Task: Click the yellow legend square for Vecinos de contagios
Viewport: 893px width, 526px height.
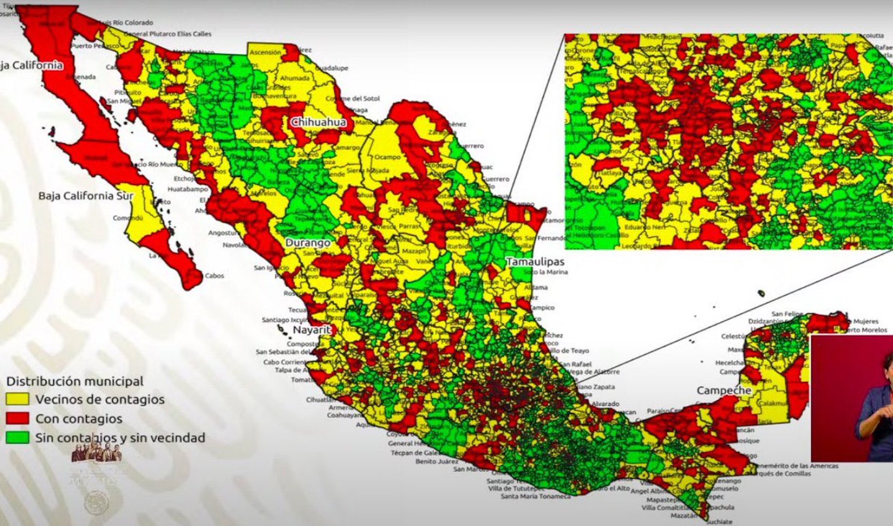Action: click(18, 399)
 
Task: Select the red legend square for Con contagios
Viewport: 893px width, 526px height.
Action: click(18, 418)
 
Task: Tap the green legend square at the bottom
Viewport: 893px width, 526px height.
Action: click(18, 437)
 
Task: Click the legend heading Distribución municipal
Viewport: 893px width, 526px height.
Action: click(74, 381)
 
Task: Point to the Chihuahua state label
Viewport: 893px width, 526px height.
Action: click(318, 122)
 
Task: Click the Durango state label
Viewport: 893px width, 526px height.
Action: click(308, 243)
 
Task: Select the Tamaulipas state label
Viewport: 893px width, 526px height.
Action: click(535, 262)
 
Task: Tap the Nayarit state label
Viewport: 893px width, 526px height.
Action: click(312, 330)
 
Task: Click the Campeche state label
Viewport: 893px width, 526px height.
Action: click(724, 390)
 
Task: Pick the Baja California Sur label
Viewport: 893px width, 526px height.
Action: click(86, 196)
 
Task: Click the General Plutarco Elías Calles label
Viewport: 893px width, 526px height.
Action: click(167, 34)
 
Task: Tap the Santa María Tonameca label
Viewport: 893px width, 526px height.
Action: click(536, 496)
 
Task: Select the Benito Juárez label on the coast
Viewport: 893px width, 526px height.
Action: click(436, 461)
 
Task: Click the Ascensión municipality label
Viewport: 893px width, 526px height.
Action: click(265, 52)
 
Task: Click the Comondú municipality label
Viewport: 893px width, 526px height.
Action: click(128, 218)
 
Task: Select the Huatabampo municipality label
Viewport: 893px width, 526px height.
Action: click(188, 188)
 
